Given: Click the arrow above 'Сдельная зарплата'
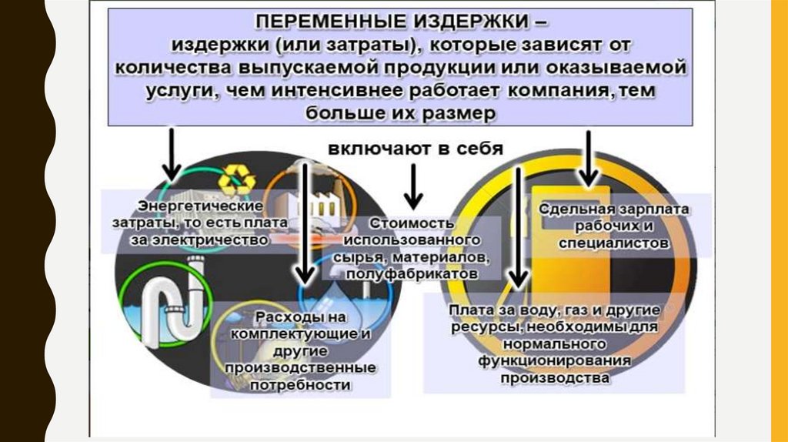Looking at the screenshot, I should coord(590,158).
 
